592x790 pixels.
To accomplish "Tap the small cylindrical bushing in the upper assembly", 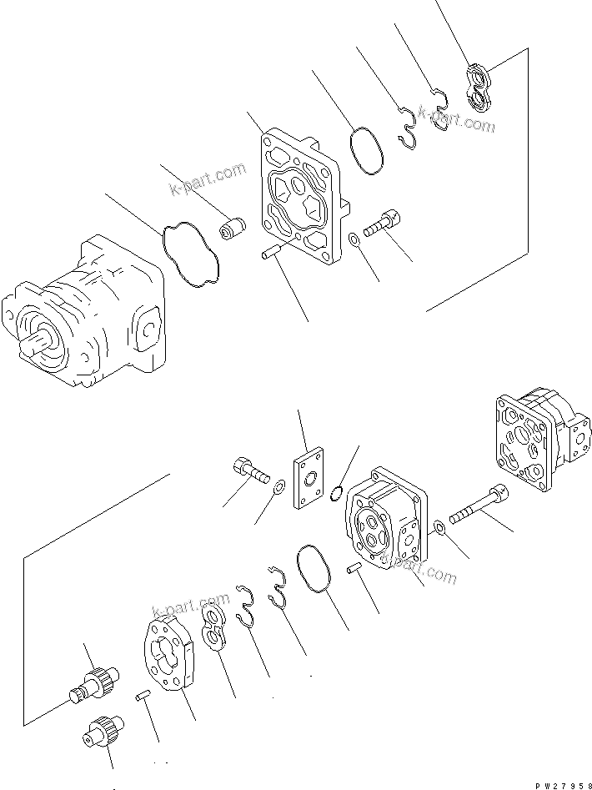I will (x=233, y=228).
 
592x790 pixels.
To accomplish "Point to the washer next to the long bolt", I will (x=439, y=527).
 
